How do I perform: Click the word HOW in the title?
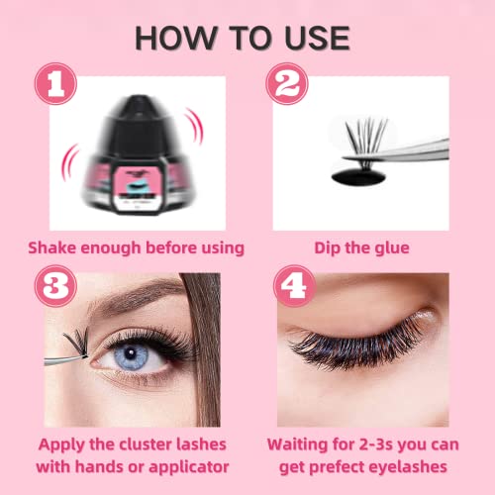point(176,39)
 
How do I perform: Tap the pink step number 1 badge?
point(55,84)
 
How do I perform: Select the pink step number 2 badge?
point(287,84)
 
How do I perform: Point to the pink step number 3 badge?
point(55,286)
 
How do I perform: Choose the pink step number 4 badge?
point(294,286)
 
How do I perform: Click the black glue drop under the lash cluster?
point(358,177)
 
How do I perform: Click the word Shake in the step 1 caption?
point(52,247)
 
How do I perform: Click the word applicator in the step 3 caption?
point(189,467)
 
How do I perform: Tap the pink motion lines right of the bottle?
point(196,126)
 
